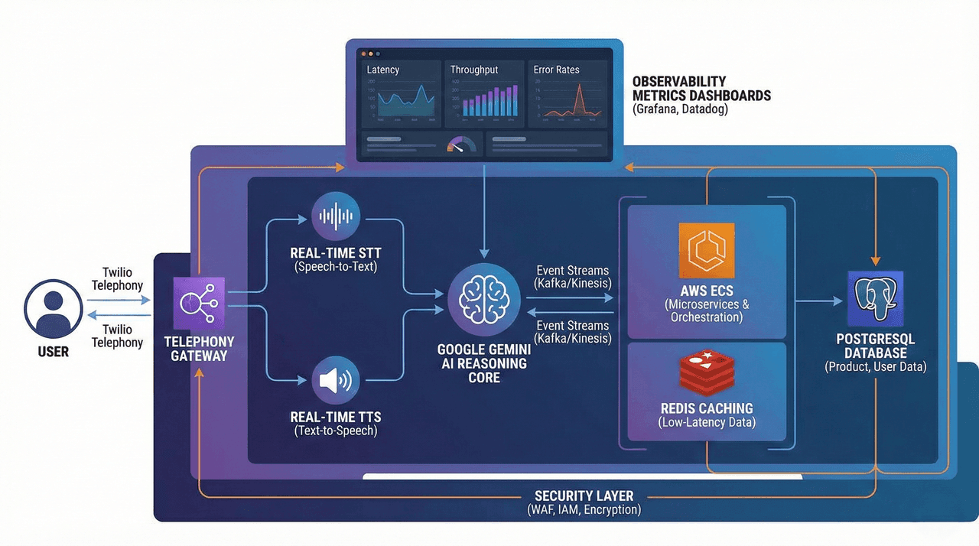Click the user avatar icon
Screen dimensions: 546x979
point(54,309)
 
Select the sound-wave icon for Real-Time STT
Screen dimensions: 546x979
point(337,217)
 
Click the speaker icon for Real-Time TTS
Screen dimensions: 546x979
point(337,381)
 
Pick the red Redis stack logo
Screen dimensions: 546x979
point(706,372)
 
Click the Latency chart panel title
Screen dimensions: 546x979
point(383,70)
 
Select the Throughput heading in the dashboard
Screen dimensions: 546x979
point(474,70)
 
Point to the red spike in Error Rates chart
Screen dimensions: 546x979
point(578,98)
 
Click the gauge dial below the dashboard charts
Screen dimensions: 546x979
point(460,144)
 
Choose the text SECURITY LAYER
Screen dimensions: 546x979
point(584,496)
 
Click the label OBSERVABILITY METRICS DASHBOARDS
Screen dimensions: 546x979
point(701,89)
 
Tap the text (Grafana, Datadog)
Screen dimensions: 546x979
point(680,109)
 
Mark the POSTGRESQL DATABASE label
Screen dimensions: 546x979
point(875,346)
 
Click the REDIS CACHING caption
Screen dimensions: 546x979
point(706,408)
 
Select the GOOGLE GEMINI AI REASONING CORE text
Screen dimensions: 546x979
point(483,363)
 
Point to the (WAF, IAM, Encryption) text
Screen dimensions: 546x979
point(584,510)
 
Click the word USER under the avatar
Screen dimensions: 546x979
point(54,352)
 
